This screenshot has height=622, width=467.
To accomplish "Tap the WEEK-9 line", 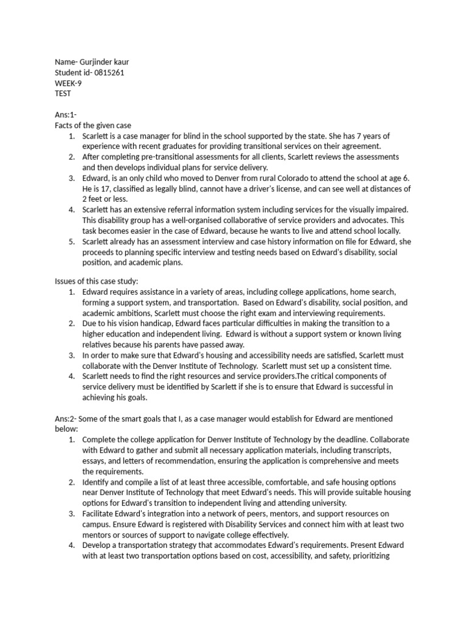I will [x=68, y=83].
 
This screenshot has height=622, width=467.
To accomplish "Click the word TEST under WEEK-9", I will [x=63, y=94].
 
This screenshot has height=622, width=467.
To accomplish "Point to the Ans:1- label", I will [x=66, y=115].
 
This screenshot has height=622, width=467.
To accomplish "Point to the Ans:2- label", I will [x=66, y=419].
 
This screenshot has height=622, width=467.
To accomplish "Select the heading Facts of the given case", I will [x=93, y=125].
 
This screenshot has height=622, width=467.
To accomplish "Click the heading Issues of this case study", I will [x=97, y=282].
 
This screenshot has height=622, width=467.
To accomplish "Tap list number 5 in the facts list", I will [x=72, y=241].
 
